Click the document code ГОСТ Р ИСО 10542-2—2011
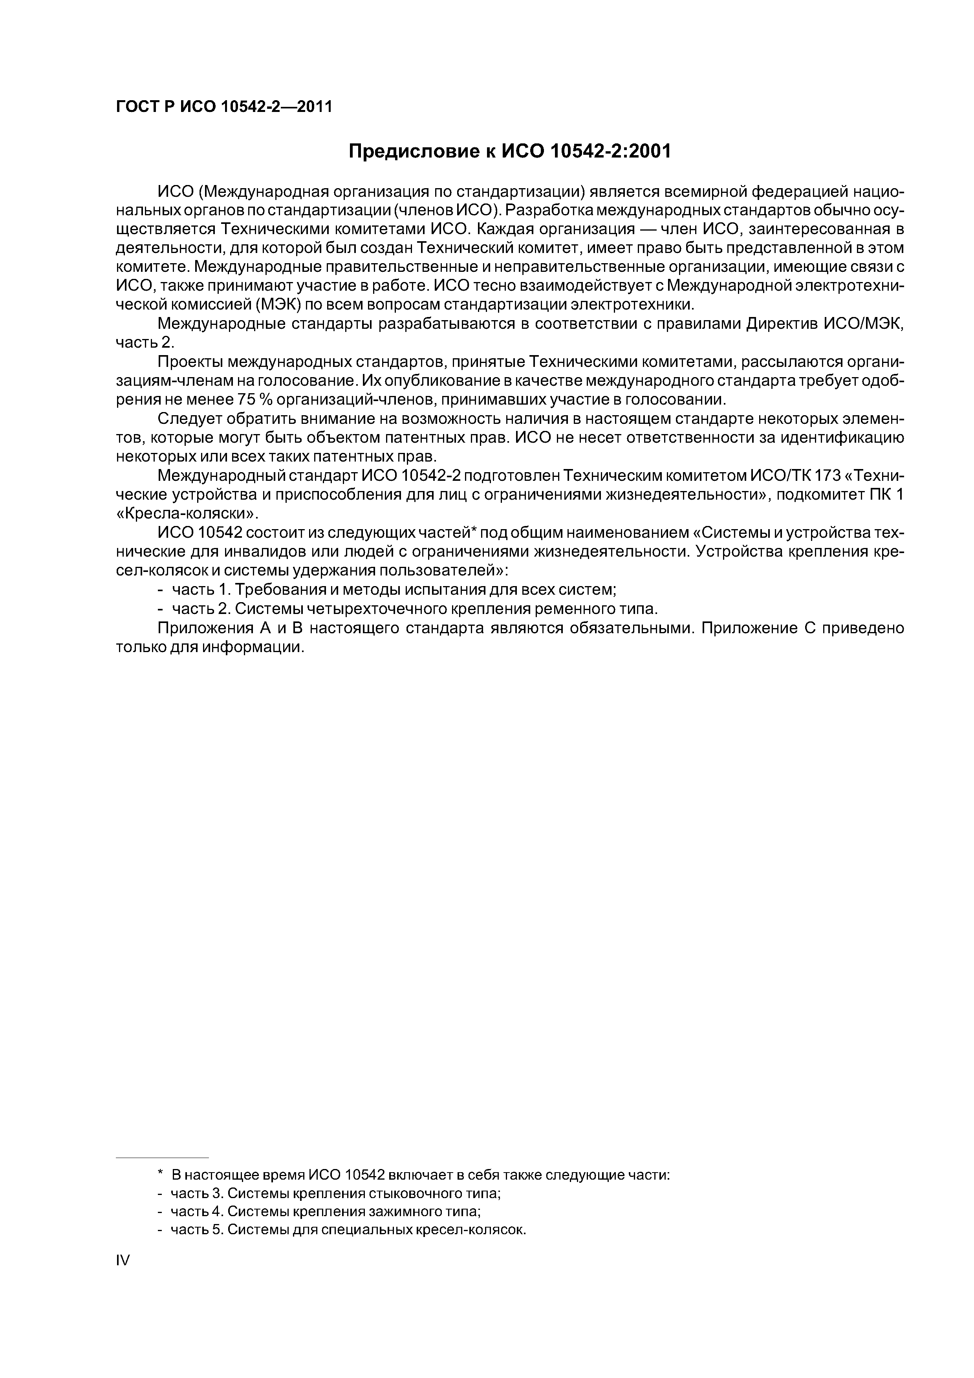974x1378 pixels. coord(223,107)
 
